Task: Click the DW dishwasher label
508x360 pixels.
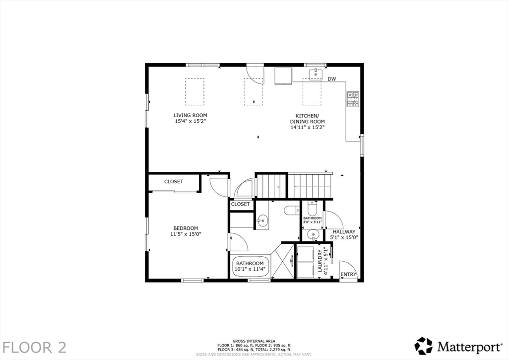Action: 332,79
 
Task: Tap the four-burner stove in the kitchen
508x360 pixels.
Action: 353,99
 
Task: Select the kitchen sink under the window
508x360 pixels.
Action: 316,74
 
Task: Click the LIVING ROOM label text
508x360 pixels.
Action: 190,115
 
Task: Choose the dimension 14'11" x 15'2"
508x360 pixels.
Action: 307,127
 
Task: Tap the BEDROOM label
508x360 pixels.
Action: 186,228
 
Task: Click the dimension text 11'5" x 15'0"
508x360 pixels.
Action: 186,234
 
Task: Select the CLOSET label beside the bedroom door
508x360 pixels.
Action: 174,182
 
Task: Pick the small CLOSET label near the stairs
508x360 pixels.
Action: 241,204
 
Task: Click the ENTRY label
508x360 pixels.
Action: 348,275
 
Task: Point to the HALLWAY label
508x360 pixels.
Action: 344,231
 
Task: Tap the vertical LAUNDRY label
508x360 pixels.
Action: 320,262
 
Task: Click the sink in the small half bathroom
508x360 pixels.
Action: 312,234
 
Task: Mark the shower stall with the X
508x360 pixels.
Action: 283,262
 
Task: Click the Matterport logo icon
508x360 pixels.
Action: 424,346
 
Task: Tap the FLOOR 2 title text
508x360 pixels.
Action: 34,347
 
